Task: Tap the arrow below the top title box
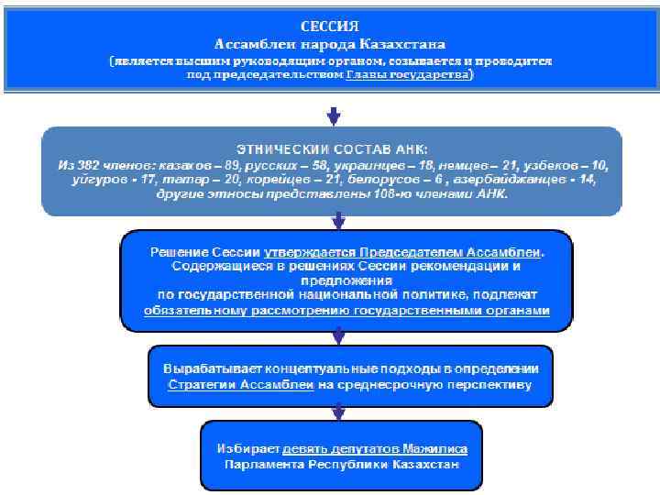pos(334,116)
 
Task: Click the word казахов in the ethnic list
pos(183,165)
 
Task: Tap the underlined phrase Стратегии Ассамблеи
pos(241,385)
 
